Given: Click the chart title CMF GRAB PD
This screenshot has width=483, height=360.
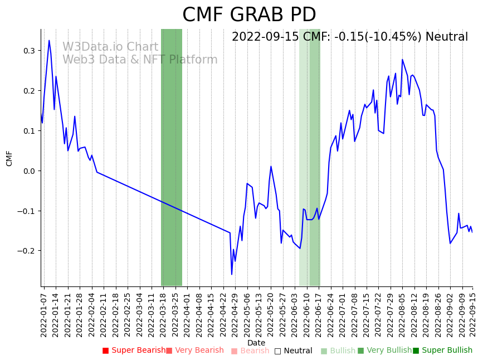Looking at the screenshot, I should (249, 15).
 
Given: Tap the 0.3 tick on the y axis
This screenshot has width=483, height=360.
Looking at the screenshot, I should (28, 51).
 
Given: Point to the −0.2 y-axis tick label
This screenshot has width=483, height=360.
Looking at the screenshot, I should (26, 251).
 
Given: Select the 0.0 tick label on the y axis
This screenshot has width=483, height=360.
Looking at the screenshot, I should (28, 171).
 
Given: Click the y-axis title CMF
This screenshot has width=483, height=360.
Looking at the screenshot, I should (9, 158).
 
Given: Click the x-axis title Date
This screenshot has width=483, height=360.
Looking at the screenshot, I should (256, 343).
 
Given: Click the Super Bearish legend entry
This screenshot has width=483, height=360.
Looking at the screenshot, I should (134, 351).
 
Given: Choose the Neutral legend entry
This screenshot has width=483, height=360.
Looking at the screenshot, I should (293, 351).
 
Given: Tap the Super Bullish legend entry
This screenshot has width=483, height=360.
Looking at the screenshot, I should (442, 351).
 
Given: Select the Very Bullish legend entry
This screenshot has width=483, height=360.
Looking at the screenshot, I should (384, 351).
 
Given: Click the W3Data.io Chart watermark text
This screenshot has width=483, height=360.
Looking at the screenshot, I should (110, 47).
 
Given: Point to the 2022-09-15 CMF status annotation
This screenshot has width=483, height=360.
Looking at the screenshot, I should (350, 37).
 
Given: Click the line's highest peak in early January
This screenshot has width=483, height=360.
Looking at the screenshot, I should (49, 40).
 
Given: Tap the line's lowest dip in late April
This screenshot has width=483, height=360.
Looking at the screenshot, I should (232, 274).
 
